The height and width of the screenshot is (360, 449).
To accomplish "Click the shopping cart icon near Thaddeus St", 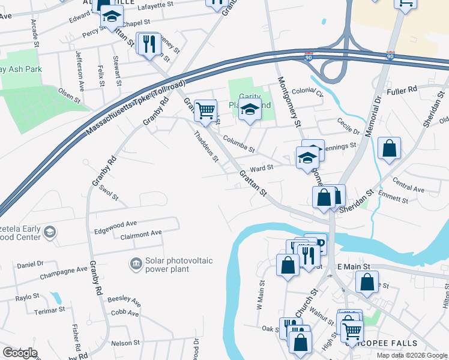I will click(x=205, y=110).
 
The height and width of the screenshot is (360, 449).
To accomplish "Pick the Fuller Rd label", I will click(x=402, y=90).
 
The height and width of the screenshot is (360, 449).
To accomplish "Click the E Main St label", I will click(x=354, y=266).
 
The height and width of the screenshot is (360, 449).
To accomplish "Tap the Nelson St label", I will click(x=125, y=343).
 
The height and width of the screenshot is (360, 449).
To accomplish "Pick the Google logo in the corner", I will click(x=20, y=353).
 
